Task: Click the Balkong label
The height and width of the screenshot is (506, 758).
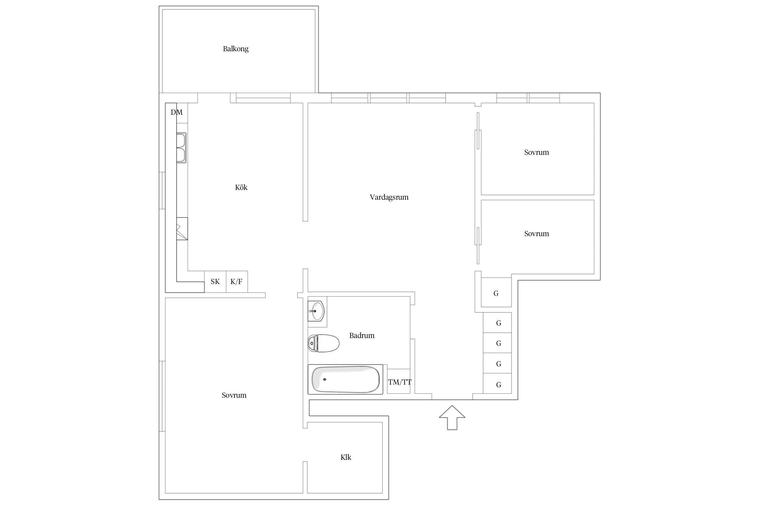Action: pos(235,49)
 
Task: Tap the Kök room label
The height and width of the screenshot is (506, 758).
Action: pos(241,187)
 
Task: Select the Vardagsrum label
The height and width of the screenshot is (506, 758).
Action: pos(389,197)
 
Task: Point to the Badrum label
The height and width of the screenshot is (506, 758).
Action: pos(362,335)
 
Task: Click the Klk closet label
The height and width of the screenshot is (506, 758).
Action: pos(346,457)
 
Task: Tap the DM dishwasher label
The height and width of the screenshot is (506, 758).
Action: pos(177,112)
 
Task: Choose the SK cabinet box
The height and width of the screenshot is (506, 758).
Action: pos(215,282)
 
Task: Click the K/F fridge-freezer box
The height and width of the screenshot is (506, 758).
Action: pos(237,282)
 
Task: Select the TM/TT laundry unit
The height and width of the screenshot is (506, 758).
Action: pos(399,381)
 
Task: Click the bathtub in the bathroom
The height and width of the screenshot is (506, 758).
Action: pos(345,379)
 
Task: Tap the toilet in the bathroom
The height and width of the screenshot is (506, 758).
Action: pos(323,343)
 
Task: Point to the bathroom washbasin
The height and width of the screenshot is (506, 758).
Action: pos(316,311)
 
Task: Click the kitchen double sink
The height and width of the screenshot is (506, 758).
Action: pos(181,148)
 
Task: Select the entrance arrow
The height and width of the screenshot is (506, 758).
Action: pos(452,418)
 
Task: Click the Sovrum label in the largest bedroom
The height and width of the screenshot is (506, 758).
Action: pos(234,395)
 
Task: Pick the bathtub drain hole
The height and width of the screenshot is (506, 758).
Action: pos(325,379)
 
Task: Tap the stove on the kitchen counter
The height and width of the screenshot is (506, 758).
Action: pos(182,229)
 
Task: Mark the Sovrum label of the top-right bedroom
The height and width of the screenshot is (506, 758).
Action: pos(537,152)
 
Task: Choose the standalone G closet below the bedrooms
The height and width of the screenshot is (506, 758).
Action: pos(496,292)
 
